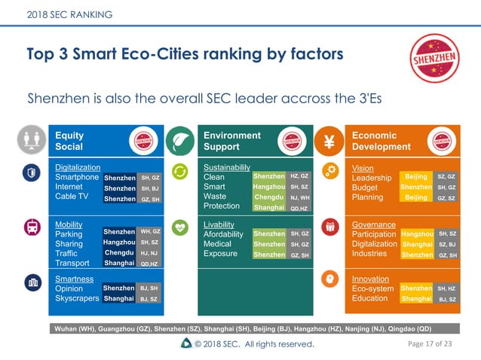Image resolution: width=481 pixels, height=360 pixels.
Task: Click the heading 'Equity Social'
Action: pos(69,141)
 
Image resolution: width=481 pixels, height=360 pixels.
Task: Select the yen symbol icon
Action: pos(329,141)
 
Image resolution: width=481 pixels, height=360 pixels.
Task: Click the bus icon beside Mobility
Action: pos(32,227)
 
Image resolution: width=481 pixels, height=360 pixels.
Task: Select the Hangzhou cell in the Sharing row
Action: pos(119,243)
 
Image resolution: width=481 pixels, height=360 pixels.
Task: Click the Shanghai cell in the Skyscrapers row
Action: pos(119,298)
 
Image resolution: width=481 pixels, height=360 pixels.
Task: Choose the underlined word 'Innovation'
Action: pos(370,279)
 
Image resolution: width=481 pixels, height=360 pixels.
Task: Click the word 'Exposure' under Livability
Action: pos(222,254)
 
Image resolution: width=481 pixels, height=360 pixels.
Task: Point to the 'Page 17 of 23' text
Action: pos(430,343)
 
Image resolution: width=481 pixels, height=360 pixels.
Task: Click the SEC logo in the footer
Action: pos(186,343)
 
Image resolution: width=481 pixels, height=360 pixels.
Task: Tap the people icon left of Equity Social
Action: pos(32,141)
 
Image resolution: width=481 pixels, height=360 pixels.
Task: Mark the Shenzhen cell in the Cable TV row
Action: pos(119,199)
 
